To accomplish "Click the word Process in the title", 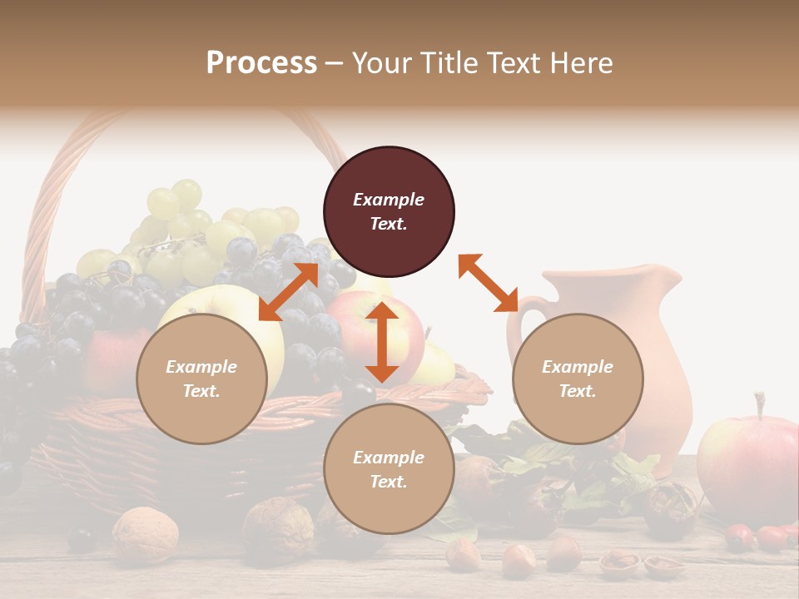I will pos(261,63).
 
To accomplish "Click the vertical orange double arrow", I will pos(382,342).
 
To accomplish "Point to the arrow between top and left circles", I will pos(289,292).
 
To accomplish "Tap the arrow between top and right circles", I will pos(489,283).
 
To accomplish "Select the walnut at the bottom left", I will pos(145,534).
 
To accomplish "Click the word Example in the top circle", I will pos(389,200).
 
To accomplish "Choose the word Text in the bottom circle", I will pos(389,482).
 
